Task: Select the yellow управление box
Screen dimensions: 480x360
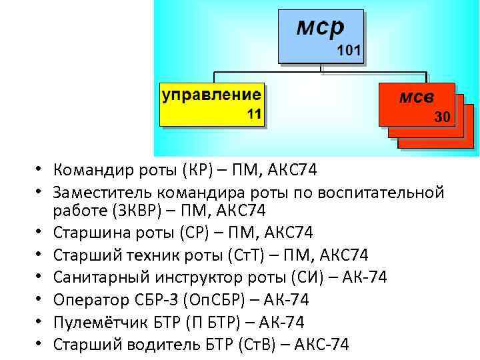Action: coord(211,105)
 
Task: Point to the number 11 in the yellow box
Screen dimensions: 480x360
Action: coord(254,115)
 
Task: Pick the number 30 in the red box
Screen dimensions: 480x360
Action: coord(442,117)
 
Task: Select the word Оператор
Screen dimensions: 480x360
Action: coord(87,299)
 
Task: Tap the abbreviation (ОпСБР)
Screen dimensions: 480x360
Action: coord(217,299)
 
